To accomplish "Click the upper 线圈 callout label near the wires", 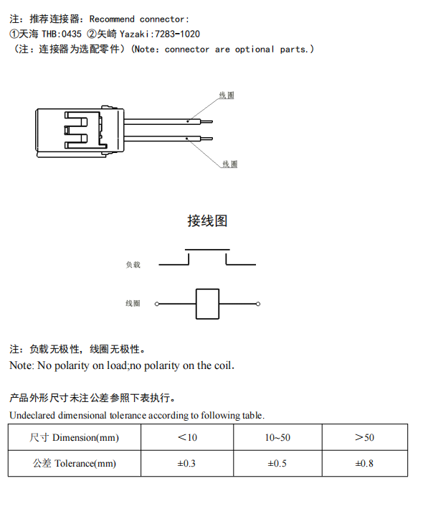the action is point(227,95).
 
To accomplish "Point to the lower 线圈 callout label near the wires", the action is point(229,164).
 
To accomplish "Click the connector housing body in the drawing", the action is point(75,129).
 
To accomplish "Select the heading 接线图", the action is point(207,220).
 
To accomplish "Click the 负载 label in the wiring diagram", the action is point(133,265).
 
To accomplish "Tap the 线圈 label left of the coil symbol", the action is point(133,304).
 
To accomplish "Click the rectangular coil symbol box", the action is point(207,304).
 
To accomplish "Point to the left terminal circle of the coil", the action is point(157,304).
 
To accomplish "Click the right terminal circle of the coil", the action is point(258,304).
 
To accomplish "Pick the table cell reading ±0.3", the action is point(186,463).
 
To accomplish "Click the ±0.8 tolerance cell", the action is point(364,463).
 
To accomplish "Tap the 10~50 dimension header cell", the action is point(277,437).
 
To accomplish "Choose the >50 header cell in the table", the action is point(364,437).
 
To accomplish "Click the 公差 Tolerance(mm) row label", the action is point(75,463).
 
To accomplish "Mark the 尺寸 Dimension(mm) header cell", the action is point(75,437).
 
